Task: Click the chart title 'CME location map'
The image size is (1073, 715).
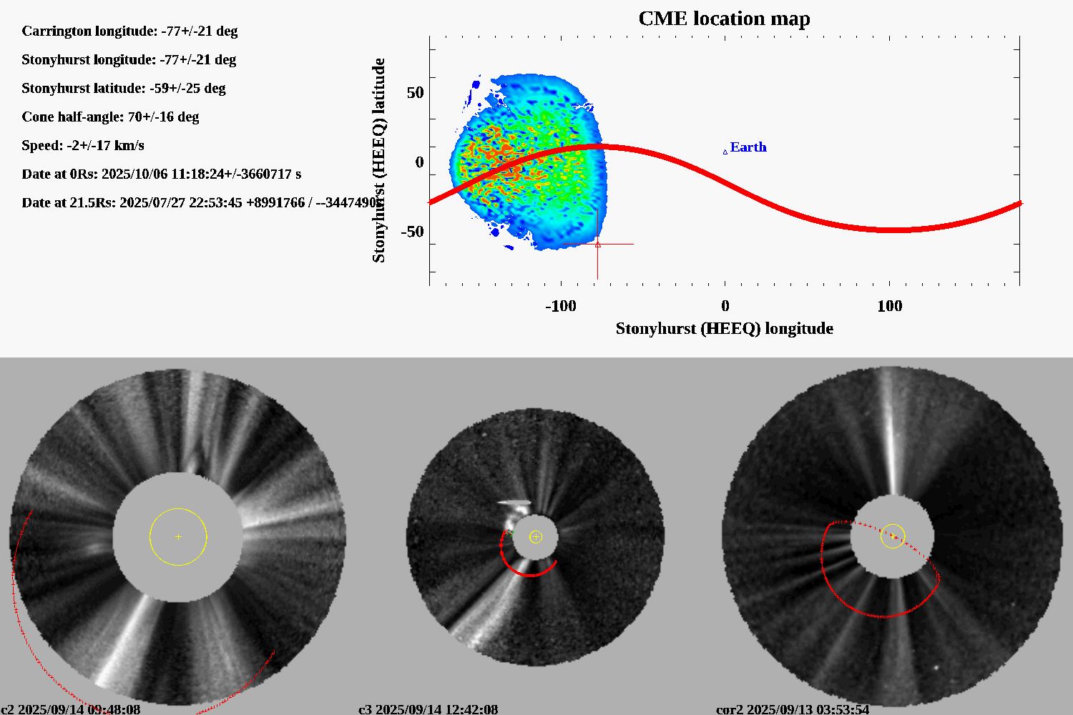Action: point(724,19)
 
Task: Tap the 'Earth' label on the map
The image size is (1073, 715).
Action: point(748,147)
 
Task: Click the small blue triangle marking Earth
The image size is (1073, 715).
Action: point(725,152)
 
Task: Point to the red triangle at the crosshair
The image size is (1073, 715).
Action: point(598,245)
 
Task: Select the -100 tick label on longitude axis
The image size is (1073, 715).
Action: point(560,306)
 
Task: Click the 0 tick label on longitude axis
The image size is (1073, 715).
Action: point(725,306)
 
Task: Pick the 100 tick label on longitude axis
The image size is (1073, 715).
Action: point(889,306)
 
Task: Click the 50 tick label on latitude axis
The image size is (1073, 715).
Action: point(415,93)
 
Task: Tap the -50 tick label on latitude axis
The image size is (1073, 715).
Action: point(412,232)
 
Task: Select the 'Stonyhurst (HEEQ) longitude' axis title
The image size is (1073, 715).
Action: point(724,329)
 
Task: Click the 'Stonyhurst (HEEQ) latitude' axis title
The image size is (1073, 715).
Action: point(378,160)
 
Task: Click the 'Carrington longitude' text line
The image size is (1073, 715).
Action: point(129,31)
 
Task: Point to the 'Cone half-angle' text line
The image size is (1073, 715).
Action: point(110,117)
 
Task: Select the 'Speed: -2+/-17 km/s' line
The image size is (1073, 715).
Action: point(83,146)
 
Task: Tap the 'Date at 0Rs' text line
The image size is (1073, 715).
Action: point(162,174)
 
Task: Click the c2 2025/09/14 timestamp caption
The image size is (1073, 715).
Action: point(71,709)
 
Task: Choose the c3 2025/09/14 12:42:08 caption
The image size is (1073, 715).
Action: point(428,709)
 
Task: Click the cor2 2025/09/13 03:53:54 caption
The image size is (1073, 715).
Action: point(793,709)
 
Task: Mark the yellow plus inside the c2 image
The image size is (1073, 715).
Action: point(178,536)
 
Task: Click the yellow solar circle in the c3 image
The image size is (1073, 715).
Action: point(536,537)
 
